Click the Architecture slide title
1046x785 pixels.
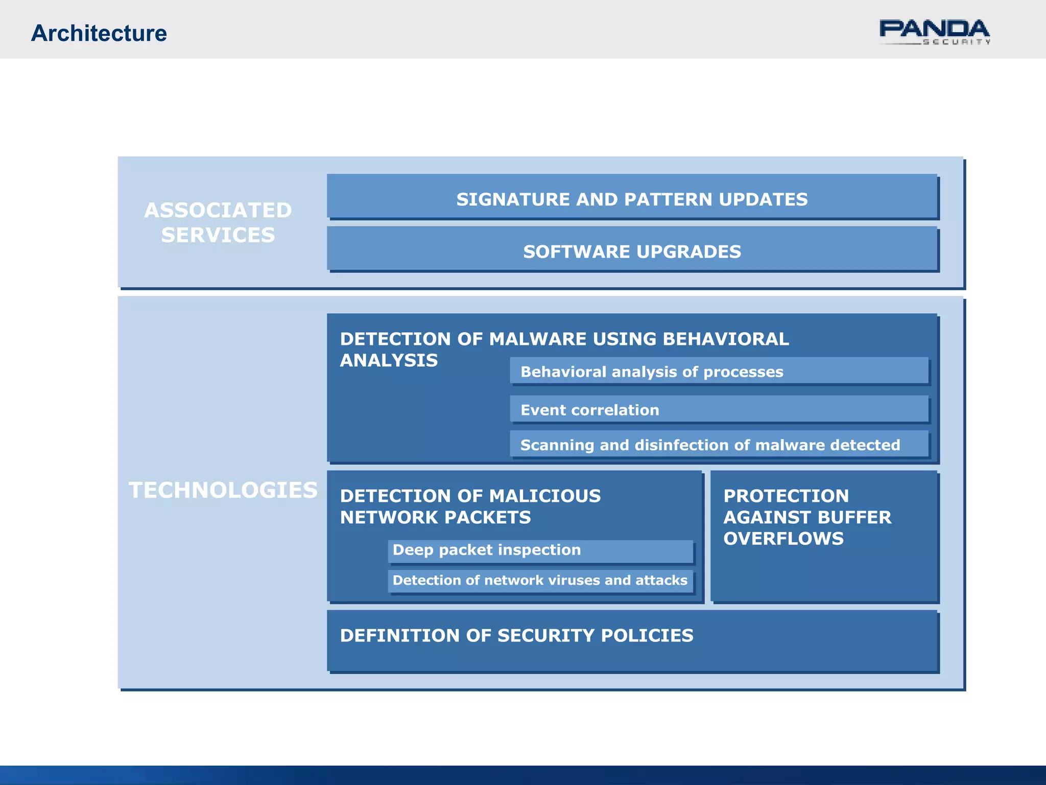coord(99,33)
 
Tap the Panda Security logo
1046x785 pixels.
coord(934,32)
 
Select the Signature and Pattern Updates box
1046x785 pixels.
coord(632,199)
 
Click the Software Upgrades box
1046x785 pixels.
coord(632,251)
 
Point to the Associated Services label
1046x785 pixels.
coord(218,222)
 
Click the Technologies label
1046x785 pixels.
coord(223,490)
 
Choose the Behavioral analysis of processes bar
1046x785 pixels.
coord(652,372)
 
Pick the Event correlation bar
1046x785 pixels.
coord(589,410)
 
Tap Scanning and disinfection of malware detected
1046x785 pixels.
coord(710,445)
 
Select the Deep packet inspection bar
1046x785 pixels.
coord(487,550)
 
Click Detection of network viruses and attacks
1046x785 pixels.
coord(540,580)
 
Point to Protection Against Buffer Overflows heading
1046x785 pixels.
coord(807,517)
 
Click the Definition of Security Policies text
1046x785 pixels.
coord(516,635)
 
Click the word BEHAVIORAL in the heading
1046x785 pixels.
coord(725,339)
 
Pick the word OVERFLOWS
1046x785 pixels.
coord(783,538)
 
